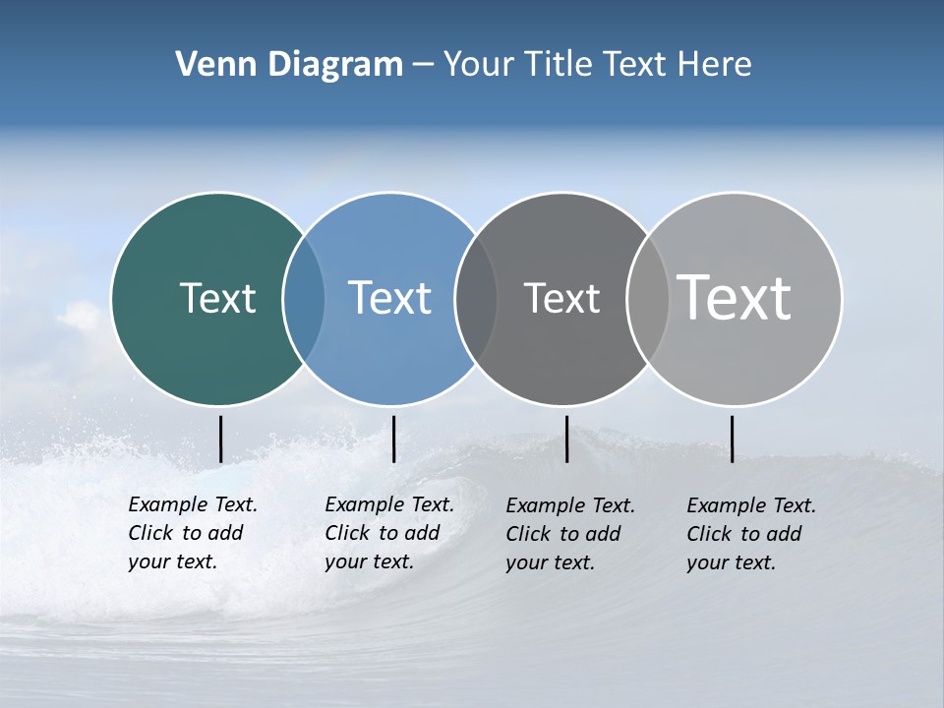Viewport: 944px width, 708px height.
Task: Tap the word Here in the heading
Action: click(x=715, y=65)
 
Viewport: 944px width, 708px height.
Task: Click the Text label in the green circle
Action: click(x=217, y=298)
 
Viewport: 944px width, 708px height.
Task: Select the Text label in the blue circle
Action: click(x=389, y=298)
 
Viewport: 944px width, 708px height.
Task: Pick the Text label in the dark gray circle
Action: click(x=561, y=298)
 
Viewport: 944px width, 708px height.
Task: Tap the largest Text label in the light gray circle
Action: click(x=735, y=297)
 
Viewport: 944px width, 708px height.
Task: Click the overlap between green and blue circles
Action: click(x=304, y=299)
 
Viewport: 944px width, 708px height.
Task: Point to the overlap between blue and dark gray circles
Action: click(x=476, y=299)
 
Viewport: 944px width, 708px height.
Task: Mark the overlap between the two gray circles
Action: click(x=648, y=299)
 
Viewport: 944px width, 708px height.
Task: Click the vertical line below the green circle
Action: click(x=221, y=439)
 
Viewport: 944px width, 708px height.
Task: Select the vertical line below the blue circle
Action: click(x=393, y=439)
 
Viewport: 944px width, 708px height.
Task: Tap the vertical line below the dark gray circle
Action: click(x=566, y=439)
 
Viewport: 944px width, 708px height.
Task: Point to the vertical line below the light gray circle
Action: click(x=732, y=439)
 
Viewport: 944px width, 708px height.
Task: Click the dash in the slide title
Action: click(x=423, y=66)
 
